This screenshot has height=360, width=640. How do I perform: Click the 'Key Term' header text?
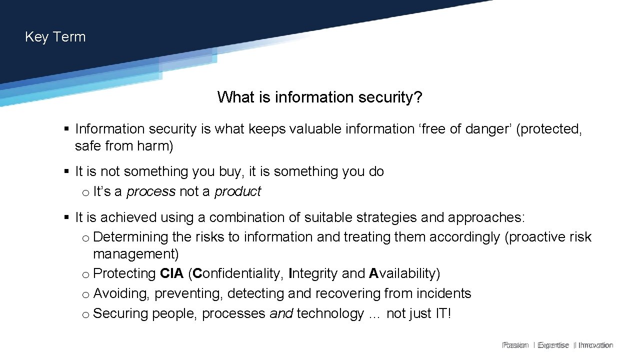click(55, 37)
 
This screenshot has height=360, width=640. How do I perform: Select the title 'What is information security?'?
click(319, 97)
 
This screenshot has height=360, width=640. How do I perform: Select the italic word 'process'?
click(151, 191)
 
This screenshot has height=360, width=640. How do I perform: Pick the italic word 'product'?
click(237, 191)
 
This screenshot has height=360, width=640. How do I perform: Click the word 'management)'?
click(135, 254)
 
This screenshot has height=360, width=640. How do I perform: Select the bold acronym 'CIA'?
click(172, 273)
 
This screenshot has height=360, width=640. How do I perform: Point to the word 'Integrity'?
click(313, 273)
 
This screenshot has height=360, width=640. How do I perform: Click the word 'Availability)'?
click(404, 273)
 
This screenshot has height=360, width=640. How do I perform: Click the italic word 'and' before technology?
click(281, 314)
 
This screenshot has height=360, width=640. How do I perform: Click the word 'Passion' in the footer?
click(515, 345)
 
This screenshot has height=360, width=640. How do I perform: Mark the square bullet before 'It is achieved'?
click(66, 217)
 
